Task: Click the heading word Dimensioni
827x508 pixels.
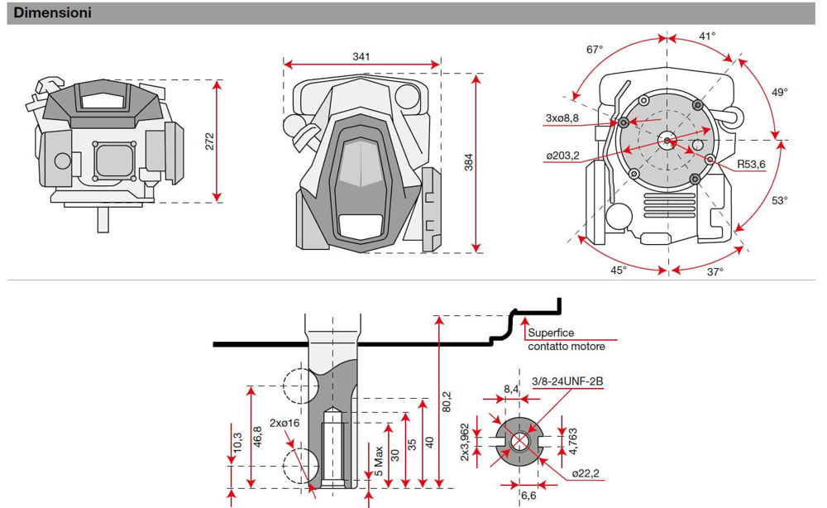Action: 52,13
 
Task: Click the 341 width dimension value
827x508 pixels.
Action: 361,56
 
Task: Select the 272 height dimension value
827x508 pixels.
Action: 209,141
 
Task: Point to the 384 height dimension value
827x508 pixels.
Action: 468,162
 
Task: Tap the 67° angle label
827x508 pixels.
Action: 595,50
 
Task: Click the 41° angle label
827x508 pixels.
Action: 707,36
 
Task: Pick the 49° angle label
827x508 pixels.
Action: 780,92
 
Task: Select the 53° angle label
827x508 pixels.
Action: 780,200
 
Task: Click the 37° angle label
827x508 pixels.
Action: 714,271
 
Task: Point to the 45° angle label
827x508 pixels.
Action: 619,270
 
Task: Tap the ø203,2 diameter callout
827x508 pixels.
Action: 562,156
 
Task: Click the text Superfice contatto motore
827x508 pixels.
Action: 566,340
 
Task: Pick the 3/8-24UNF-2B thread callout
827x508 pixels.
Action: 567,381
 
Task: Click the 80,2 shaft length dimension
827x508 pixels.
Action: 447,401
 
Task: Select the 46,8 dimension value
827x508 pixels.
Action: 257,436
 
